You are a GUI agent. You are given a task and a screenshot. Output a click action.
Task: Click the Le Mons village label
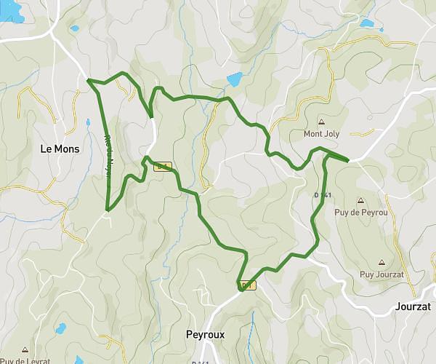pyautogui.click(x=60, y=149)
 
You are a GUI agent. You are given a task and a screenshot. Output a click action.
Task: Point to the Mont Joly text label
pyautogui.click(x=321, y=134)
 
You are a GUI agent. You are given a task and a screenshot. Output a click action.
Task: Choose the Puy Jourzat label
pyautogui.click(x=381, y=274)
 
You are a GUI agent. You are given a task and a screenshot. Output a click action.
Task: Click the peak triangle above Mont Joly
pyautogui.click(x=321, y=122)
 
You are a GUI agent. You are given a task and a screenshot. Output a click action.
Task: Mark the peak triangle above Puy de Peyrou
pyautogui.click(x=360, y=200)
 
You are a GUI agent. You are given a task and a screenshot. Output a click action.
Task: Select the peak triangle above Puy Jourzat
pyautogui.click(x=381, y=262)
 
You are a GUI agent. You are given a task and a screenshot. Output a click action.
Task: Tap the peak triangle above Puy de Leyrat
pyautogui.click(x=25, y=349)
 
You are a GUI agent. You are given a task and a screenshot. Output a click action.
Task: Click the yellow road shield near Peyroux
pyautogui.click(x=248, y=285)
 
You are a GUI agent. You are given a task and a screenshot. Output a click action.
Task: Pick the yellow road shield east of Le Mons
pyautogui.click(x=163, y=167)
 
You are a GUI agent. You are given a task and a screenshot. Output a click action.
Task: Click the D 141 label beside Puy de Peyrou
pyautogui.click(x=323, y=195)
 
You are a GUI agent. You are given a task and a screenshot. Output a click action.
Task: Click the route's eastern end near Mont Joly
pyautogui.click(x=348, y=159)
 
